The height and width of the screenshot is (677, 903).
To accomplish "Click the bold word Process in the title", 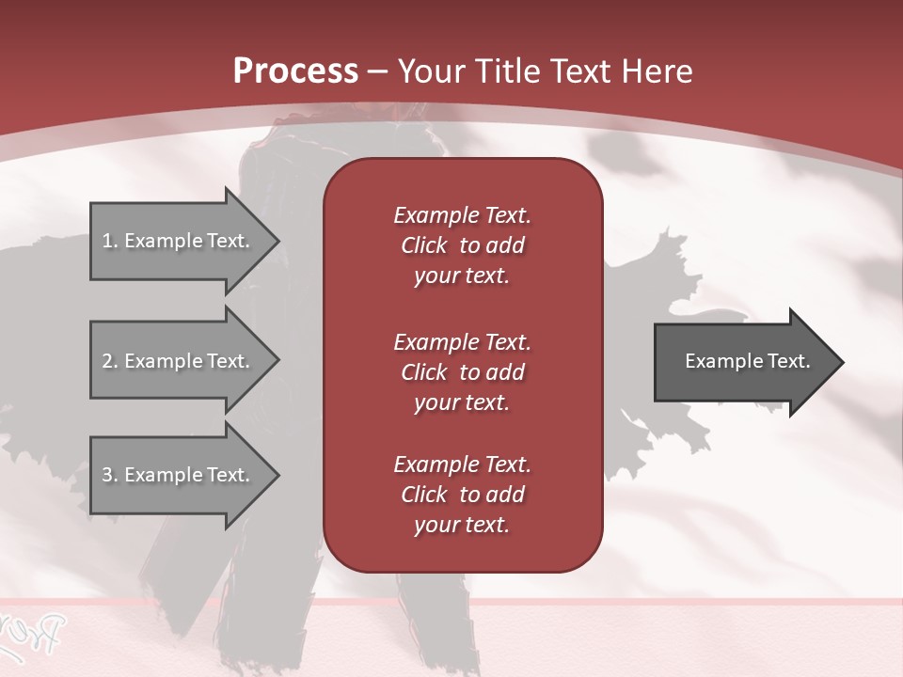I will [x=295, y=71].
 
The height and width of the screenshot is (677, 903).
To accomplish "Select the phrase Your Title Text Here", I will [x=545, y=71].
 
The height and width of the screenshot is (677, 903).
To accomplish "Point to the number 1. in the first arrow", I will [x=110, y=241].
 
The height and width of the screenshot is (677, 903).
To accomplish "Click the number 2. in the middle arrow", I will [x=110, y=361].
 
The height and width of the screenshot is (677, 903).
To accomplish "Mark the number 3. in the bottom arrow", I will [x=110, y=475].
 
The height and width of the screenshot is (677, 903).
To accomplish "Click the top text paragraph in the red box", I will [x=462, y=245].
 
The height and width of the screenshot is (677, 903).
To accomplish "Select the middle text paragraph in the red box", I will [x=462, y=371].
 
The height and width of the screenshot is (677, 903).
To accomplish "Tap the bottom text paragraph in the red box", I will [x=462, y=495].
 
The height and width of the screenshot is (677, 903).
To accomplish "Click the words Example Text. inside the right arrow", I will [x=748, y=361].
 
